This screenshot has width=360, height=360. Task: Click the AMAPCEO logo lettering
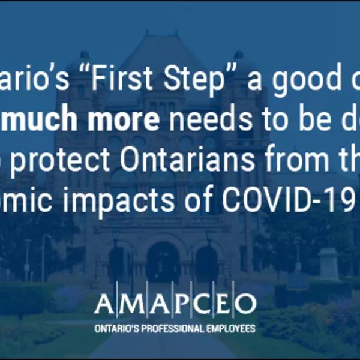click(x=175, y=305)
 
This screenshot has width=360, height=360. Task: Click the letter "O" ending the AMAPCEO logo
click(x=245, y=305)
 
